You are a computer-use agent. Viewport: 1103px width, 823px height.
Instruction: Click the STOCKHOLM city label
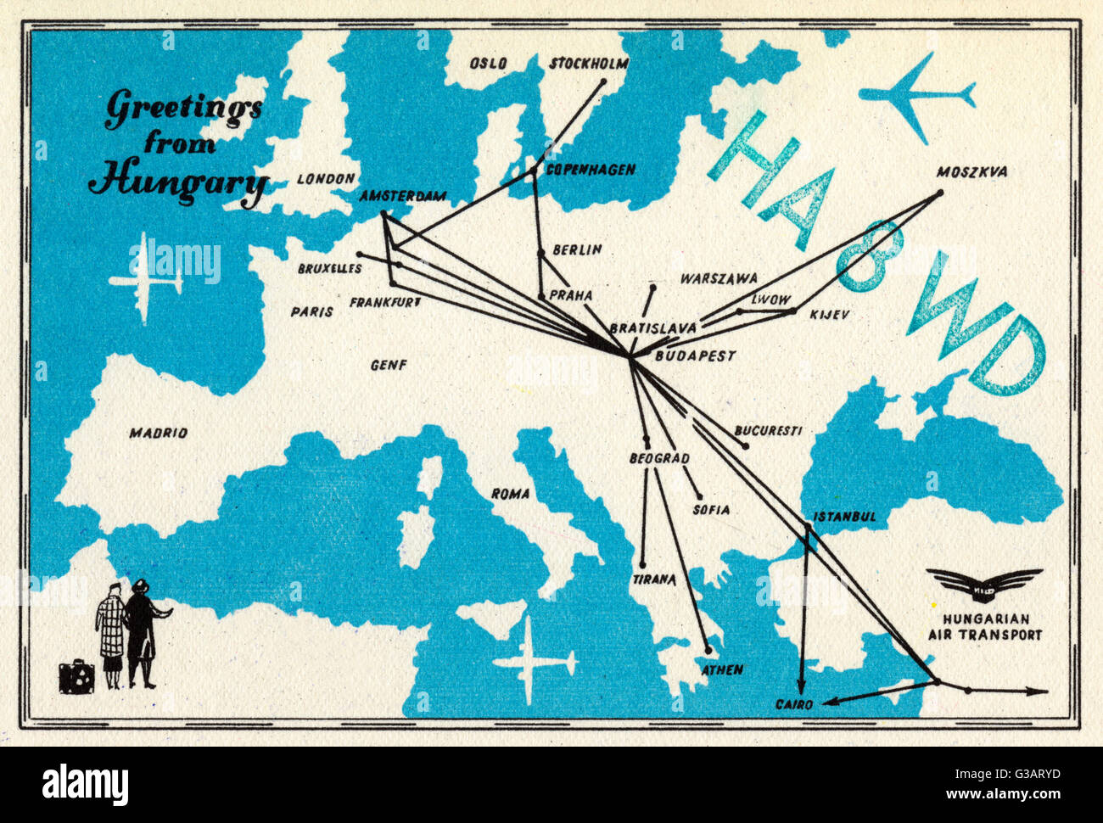tap(589, 64)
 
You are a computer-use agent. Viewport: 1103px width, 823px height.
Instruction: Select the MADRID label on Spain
tap(158, 434)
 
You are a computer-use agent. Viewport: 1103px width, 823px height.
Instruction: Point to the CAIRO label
tap(794, 704)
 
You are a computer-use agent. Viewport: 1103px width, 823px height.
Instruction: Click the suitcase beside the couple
tap(76, 677)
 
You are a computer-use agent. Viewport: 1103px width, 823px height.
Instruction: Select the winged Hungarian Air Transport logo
tap(983, 584)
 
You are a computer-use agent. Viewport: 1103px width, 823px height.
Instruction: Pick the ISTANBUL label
tap(844, 517)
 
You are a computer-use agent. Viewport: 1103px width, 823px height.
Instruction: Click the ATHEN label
tap(722, 669)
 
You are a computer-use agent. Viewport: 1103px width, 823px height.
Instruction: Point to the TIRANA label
tap(653, 579)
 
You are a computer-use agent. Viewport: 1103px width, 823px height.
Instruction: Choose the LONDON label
tap(326, 179)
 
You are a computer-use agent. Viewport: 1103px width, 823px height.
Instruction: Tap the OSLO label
tap(489, 64)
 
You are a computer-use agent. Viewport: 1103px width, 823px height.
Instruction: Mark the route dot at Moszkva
tap(939, 193)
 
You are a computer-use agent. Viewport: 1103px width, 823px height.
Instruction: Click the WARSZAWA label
tap(719, 278)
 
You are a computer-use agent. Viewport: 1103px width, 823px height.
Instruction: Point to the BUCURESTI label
tap(768, 430)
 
